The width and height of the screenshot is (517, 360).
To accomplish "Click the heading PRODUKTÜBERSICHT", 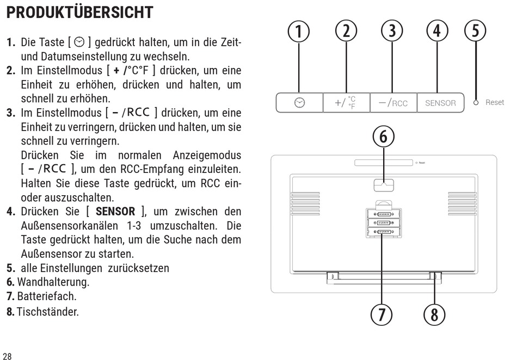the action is [x=80, y=12].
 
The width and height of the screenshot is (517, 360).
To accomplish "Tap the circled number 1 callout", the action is [x=299, y=32].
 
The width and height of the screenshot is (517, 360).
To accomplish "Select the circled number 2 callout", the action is [x=346, y=31].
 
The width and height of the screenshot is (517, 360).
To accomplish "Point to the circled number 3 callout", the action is [x=392, y=31].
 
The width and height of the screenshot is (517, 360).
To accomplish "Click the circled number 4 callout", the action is [x=437, y=31].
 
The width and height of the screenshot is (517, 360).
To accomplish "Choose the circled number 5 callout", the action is [x=476, y=30].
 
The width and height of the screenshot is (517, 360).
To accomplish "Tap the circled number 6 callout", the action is [x=384, y=136].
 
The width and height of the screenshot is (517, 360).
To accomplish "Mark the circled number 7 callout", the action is [x=381, y=314].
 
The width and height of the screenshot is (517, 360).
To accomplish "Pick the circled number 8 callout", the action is [x=434, y=314].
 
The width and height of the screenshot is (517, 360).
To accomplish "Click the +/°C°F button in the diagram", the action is [x=347, y=103].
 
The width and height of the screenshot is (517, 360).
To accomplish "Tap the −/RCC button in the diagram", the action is [x=393, y=103].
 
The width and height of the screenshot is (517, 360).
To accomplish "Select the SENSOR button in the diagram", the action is [x=440, y=103].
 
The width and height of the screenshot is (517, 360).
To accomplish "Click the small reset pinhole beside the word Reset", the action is [x=476, y=103].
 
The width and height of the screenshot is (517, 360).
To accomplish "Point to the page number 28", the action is [x=7, y=356].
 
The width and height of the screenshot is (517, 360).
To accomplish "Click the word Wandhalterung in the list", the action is [x=53, y=282].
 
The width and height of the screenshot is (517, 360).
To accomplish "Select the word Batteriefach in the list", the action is [x=46, y=296].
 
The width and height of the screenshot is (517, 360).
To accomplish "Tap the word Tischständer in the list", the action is [x=48, y=312].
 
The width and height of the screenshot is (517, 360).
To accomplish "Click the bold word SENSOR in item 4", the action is [x=115, y=212].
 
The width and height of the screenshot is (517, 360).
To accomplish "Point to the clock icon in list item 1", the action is [x=79, y=42].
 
